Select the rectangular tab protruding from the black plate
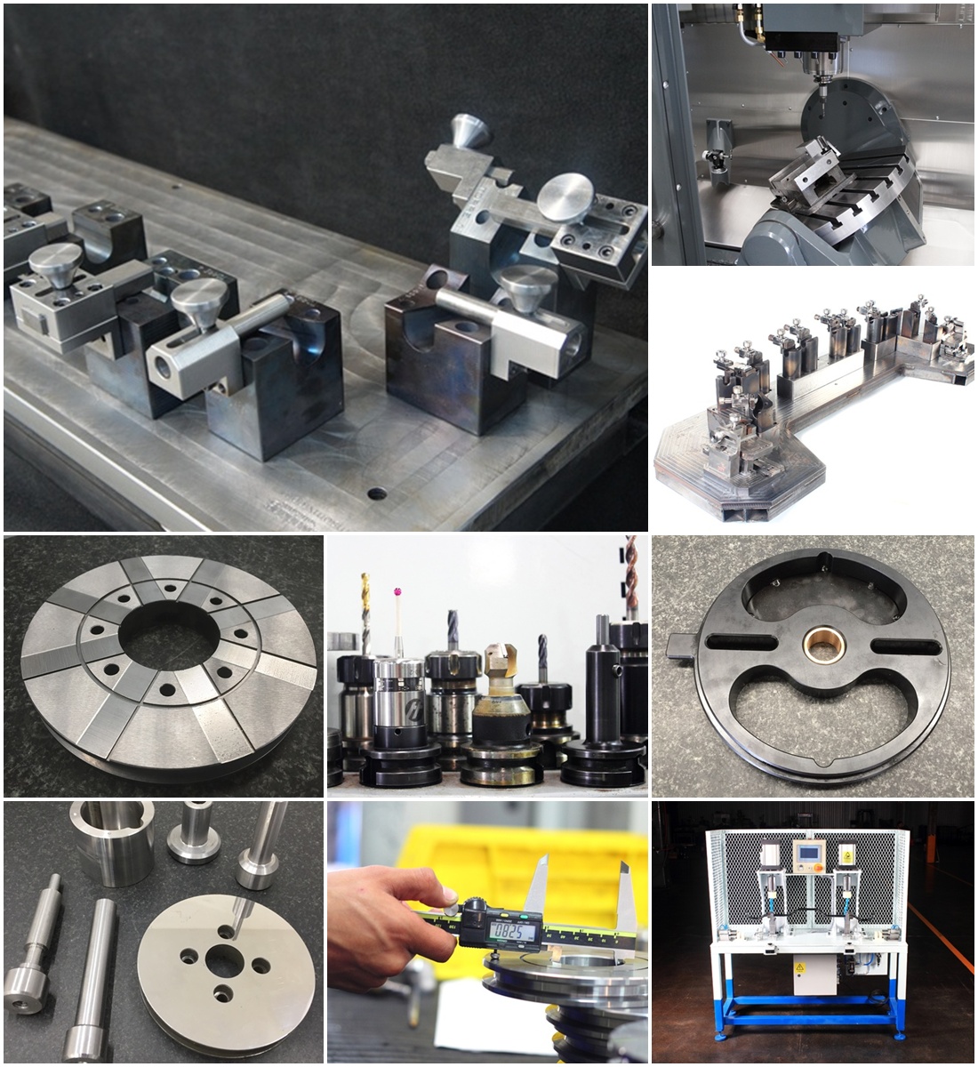pyautogui.click(x=680, y=644)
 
